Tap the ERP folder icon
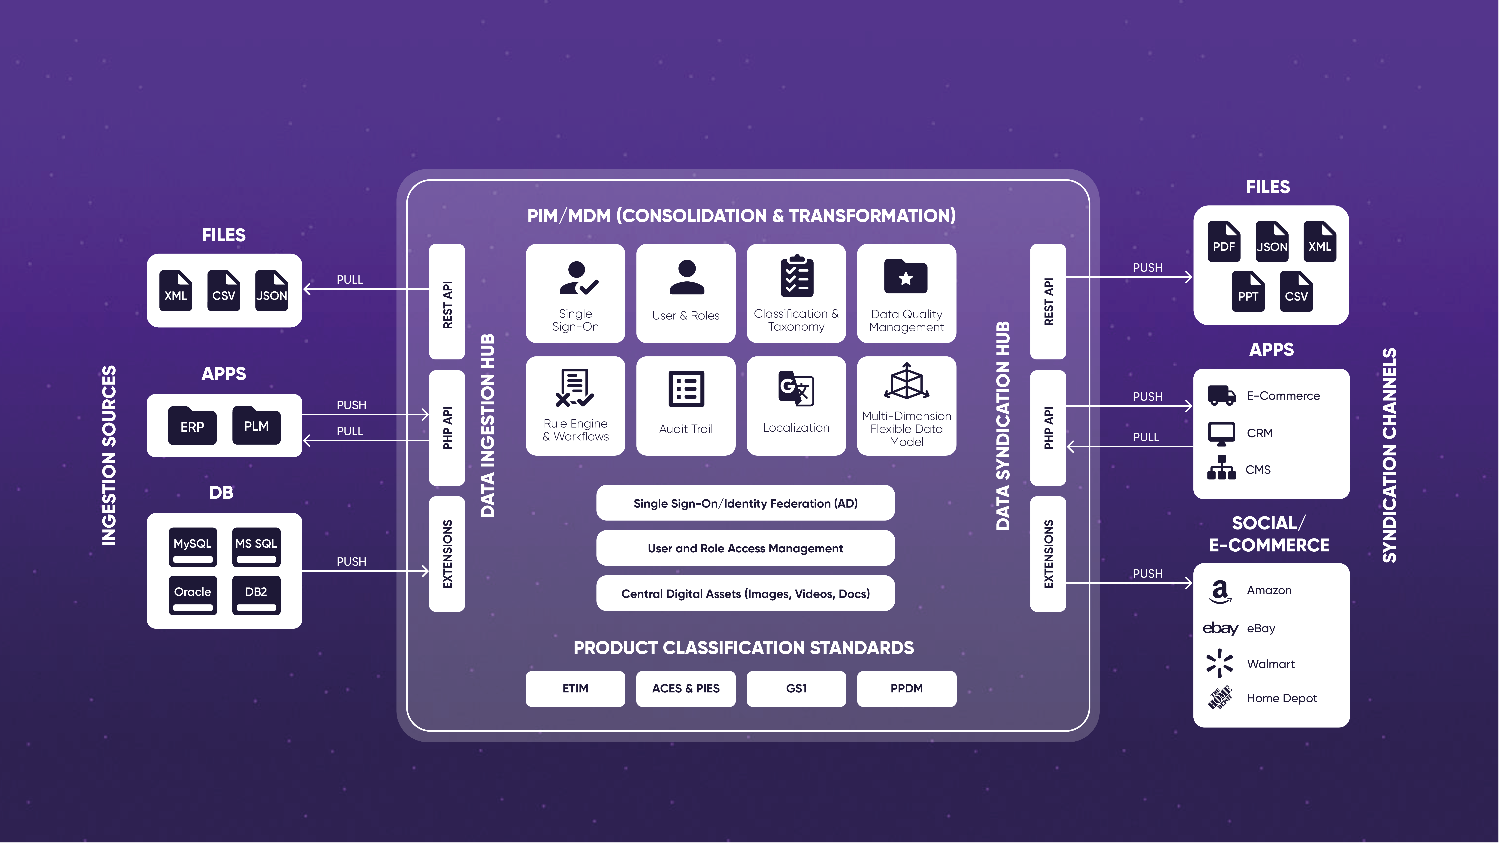[192, 426]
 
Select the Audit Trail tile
[685, 406]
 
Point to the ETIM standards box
[575, 688]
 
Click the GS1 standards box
[796, 688]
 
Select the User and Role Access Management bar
[745, 548]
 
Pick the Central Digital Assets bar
[745, 593]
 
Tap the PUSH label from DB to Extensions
[352, 561]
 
